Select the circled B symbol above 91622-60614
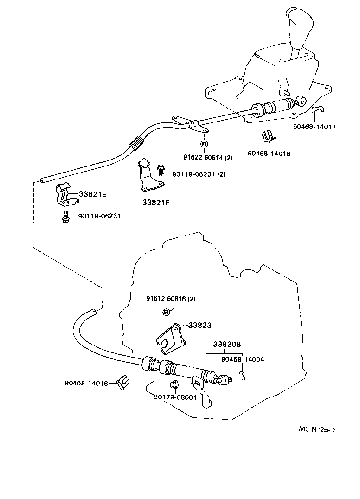(x=204, y=144)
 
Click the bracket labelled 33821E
(x=64, y=195)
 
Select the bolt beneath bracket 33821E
(x=65, y=217)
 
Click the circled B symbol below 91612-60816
(x=166, y=312)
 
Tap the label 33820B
(x=227, y=345)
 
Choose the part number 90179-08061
(x=175, y=397)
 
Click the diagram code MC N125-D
(x=316, y=429)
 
